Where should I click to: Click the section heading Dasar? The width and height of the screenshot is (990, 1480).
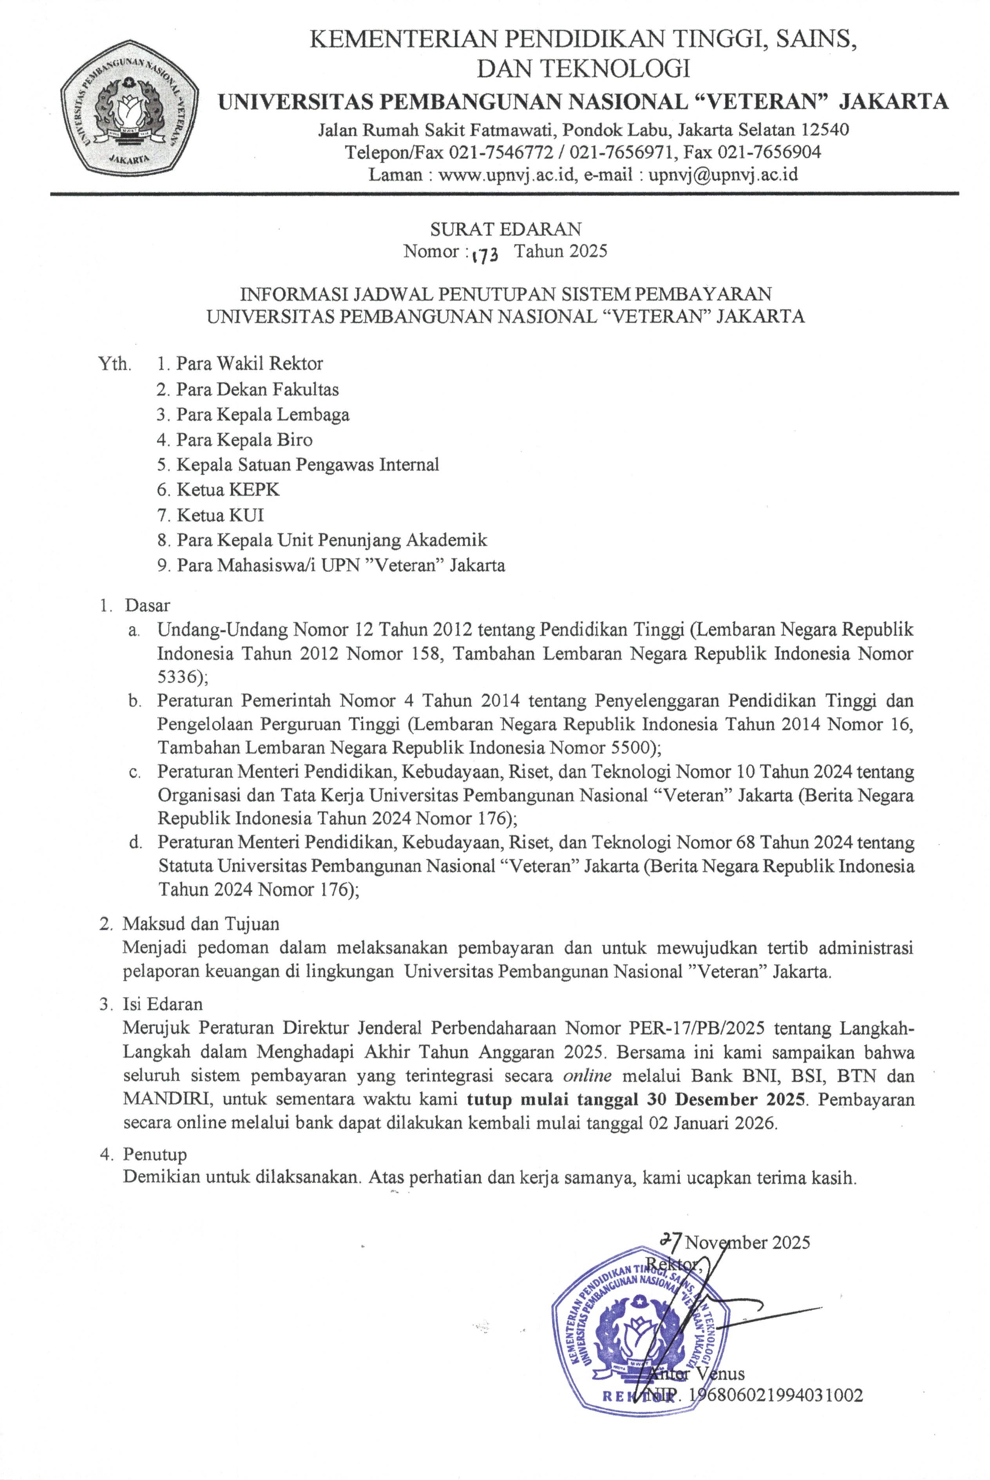click(x=148, y=605)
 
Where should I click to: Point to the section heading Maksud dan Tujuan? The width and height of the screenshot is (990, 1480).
click(x=201, y=924)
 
